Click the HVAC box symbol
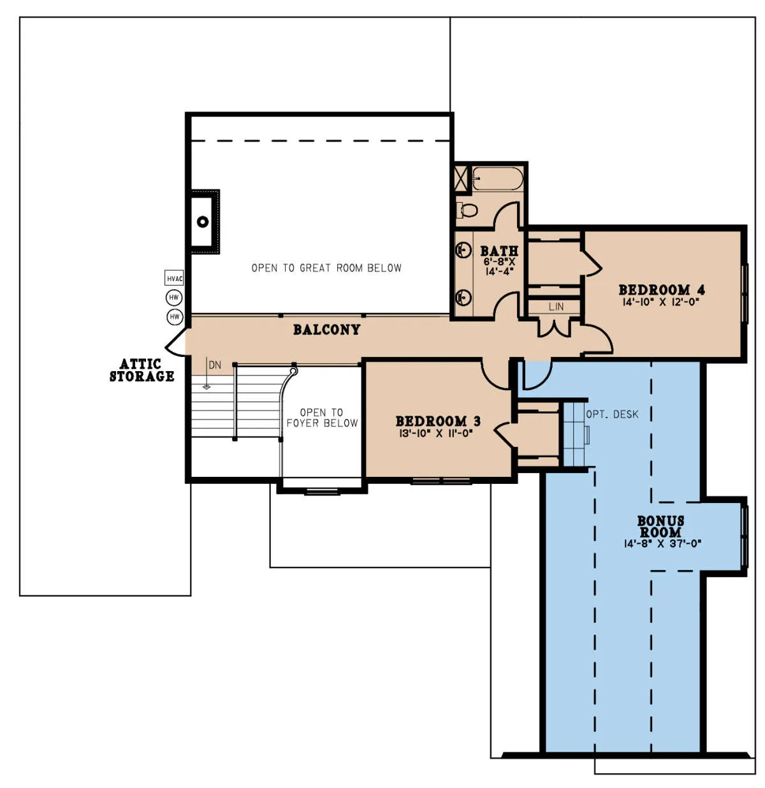point(174,279)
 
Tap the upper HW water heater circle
point(174,298)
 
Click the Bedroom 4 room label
point(661,290)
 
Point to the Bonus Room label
point(660,526)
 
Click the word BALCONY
point(326,330)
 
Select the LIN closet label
point(556,307)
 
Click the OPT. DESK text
point(612,414)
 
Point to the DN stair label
point(215,365)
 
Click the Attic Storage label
point(142,370)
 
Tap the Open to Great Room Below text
point(326,268)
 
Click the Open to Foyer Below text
point(322,418)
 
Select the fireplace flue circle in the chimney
point(203,222)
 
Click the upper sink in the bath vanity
point(463,250)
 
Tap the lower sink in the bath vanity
point(463,298)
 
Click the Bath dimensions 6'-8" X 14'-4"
point(499,267)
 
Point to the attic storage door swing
point(175,342)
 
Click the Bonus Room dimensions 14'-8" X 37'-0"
point(662,544)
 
